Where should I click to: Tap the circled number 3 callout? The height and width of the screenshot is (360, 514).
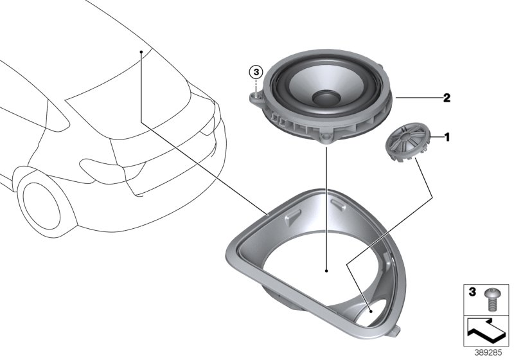click(256, 71)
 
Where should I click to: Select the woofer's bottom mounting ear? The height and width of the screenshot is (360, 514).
click(327, 138)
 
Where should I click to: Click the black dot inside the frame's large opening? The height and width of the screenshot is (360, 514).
click(326, 271)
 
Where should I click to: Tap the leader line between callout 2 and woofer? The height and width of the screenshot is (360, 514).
click(418, 98)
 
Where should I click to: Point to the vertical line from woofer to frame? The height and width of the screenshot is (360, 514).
click(326, 206)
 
